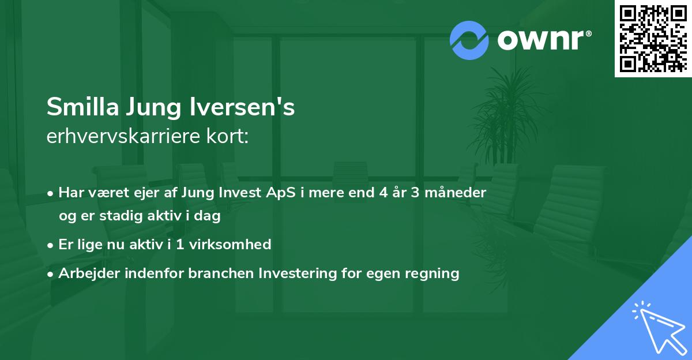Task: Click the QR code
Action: click(653, 38)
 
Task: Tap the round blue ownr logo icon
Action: click(469, 40)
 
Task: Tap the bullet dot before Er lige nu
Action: click(51, 245)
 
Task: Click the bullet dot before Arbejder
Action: click(51, 273)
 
